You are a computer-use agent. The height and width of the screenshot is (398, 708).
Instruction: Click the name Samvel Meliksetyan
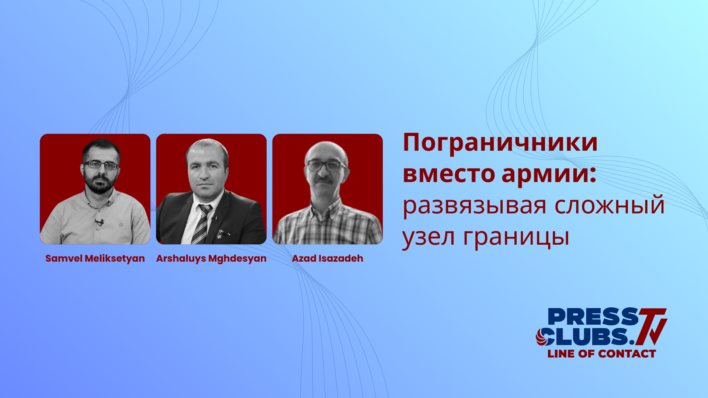tap(95, 258)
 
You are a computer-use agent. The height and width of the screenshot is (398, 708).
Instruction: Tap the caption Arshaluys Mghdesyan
tap(211, 258)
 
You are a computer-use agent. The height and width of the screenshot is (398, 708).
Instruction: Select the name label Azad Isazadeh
tap(327, 258)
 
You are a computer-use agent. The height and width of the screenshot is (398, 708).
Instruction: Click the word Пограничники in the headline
tap(500, 143)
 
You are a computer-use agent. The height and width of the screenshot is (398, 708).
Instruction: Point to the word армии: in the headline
tap(549, 174)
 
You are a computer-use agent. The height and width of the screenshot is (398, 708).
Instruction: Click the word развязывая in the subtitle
tap(474, 206)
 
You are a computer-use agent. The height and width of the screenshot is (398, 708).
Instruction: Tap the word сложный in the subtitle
tap(609, 206)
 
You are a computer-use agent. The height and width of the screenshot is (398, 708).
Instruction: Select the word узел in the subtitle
tap(428, 237)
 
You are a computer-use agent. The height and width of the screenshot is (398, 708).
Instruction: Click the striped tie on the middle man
tap(202, 223)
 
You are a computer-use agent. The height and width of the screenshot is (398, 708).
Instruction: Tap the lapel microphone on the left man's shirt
tap(99, 222)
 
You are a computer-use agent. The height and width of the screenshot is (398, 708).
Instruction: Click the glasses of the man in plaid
tap(324, 165)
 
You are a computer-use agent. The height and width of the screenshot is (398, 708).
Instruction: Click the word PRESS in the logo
tap(593, 317)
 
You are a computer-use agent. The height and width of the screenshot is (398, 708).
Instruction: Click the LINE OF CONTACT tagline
tap(601, 354)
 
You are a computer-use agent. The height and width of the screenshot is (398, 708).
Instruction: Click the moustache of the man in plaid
tap(324, 179)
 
